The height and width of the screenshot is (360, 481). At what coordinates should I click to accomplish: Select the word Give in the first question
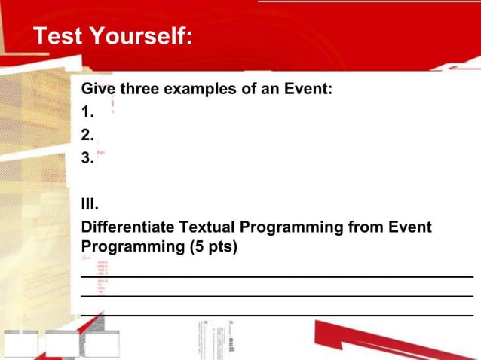pyautogui.click(x=97, y=90)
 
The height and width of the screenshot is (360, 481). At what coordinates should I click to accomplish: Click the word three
pyautogui.click(x=142, y=90)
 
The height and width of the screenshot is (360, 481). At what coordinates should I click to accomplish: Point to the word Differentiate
pyautogui.click(x=127, y=226)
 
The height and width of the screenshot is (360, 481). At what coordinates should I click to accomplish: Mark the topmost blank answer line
pyautogui.click(x=277, y=276)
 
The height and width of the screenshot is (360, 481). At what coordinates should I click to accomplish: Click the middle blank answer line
pyautogui.click(x=277, y=294)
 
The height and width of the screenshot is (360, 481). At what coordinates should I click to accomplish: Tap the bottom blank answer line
pyautogui.click(x=277, y=313)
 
